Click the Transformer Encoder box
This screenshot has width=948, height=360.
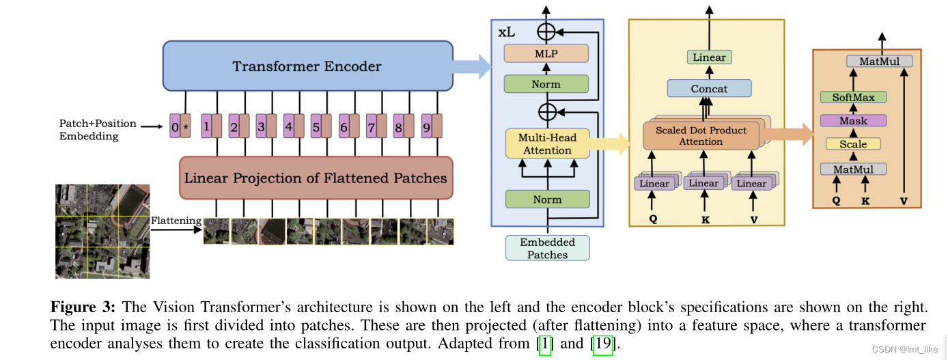click(x=307, y=66)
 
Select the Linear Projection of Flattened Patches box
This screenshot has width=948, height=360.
click(x=316, y=178)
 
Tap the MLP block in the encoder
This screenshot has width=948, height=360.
click(x=546, y=53)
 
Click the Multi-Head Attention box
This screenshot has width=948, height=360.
click(x=547, y=144)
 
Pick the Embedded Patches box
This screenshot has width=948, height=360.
click(x=547, y=248)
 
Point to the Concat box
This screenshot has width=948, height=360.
click(x=709, y=88)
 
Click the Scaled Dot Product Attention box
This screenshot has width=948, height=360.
click(x=700, y=136)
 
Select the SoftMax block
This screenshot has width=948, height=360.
click(x=853, y=98)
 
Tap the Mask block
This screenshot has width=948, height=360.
click(x=853, y=121)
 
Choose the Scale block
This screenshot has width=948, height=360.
click(x=853, y=144)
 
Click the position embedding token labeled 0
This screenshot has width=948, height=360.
click(x=175, y=126)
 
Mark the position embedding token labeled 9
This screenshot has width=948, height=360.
click(x=427, y=126)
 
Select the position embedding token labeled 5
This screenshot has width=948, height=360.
click(x=316, y=126)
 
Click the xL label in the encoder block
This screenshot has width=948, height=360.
click(x=507, y=32)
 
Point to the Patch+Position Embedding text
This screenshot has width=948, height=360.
click(x=98, y=130)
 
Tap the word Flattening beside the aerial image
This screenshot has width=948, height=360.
click(x=176, y=221)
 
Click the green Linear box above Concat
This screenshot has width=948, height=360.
click(x=709, y=57)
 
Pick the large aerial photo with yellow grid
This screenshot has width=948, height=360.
click(x=102, y=231)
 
